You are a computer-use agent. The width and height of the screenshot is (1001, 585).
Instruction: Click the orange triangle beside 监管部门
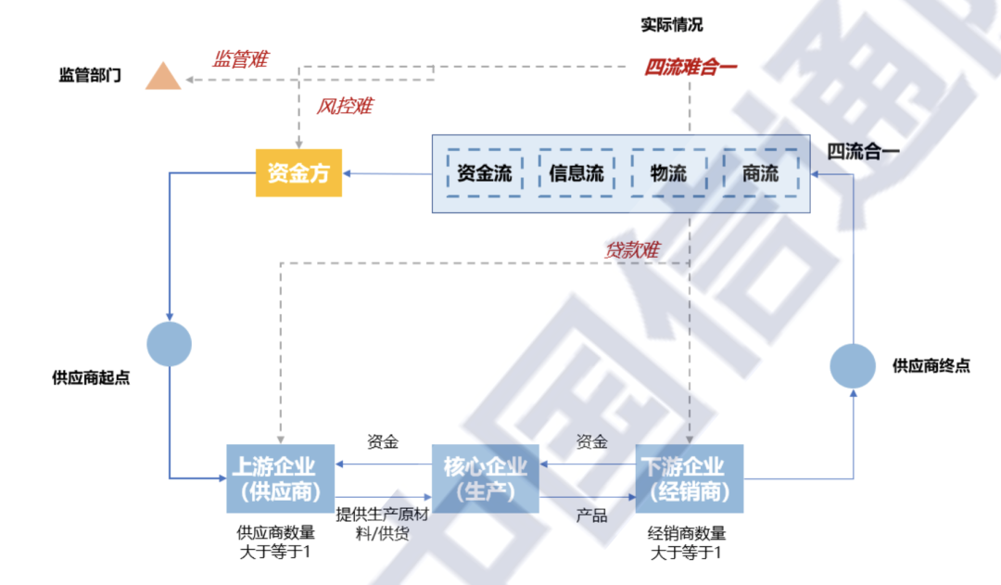coord(163,77)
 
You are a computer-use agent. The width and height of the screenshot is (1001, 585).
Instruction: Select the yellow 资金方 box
coord(298,172)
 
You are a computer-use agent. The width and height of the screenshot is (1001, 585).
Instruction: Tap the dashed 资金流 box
coord(485,172)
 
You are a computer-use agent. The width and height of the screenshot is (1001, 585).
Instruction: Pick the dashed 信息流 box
coord(577,172)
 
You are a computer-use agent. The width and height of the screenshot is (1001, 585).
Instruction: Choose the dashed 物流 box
coord(668,172)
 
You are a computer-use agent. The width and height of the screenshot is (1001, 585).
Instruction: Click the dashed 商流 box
coord(760,172)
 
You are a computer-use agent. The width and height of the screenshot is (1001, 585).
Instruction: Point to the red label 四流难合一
coord(691,67)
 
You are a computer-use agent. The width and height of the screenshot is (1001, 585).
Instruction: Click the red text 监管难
coord(239,59)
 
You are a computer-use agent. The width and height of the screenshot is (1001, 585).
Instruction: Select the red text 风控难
coord(344,106)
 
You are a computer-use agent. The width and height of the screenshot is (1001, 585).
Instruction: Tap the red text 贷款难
coord(632,249)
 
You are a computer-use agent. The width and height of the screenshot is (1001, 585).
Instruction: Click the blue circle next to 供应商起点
coord(170,344)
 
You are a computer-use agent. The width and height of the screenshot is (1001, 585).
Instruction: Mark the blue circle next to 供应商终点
coord(853,365)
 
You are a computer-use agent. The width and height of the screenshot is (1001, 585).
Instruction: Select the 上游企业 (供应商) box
coord(280,478)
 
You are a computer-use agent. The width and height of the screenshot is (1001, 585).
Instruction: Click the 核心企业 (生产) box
coord(486,478)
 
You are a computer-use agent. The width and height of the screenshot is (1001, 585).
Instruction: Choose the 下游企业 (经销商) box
coord(689,478)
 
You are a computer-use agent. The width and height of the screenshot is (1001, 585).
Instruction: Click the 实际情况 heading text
coord(672,25)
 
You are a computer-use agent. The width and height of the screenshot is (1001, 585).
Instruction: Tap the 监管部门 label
coord(90,75)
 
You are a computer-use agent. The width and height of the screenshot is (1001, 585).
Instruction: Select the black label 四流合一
coord(863,151)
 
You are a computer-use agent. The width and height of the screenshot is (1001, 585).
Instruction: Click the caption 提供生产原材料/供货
coord(381,524)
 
